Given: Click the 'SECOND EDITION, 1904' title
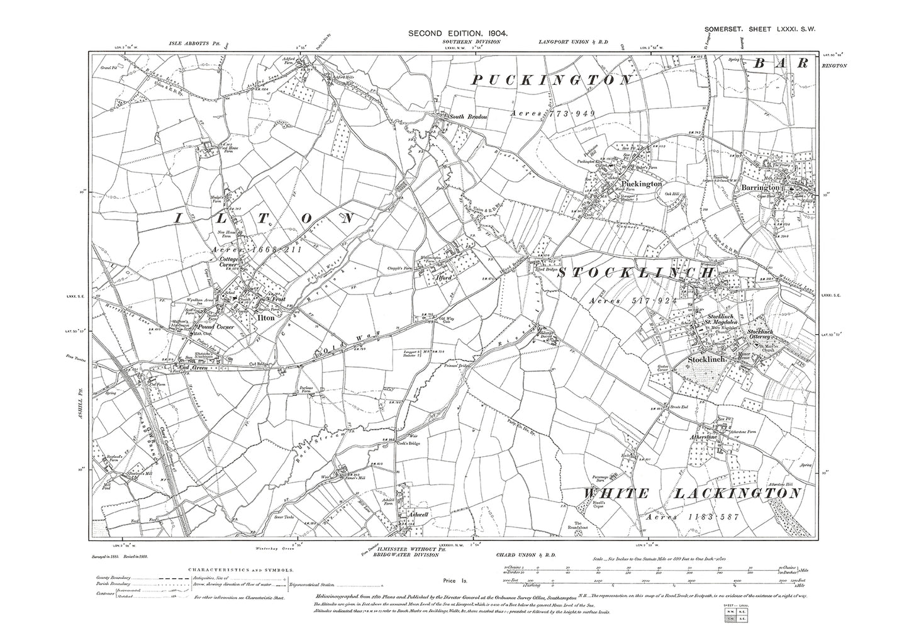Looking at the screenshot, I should pos(457,33).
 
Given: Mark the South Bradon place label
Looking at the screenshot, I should pos(470,116).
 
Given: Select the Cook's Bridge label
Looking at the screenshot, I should pos(407,442).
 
